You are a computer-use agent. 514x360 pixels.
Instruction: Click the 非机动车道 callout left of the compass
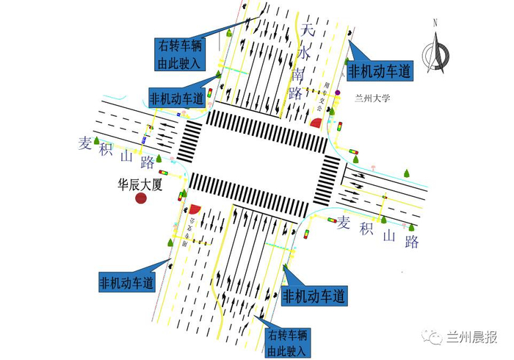click(x=380, y=71)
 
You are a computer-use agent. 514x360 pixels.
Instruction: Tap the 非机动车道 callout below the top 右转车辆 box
click(x=176, y=98)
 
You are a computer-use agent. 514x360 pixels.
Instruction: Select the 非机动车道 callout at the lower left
click(x=127, y=281)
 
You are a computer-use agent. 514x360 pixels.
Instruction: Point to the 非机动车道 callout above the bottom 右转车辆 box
click(x=314, y=297)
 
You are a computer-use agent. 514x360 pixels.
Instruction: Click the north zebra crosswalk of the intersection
click(x=267, y=129)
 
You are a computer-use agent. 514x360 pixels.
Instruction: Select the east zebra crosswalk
click(x=325, y=180)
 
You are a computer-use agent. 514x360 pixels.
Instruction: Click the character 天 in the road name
click(x=307, y=31)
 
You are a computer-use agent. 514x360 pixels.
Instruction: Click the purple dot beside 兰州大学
click(x=338, y=93)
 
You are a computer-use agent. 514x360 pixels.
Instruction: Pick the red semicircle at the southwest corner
click(x=195, y=209)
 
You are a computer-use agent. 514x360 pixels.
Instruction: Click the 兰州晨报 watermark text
click(x=473, y=337)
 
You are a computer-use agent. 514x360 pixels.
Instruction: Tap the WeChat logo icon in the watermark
click(x=433, y=337)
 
